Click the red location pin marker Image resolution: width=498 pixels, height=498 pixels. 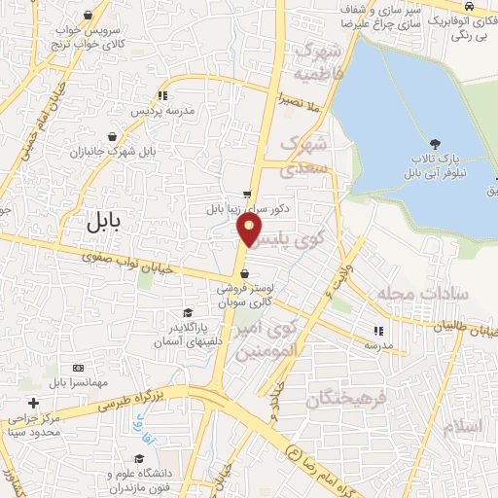[x=250, y=230]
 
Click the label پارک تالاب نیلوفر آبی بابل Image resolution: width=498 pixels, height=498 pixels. [x=441, y=167]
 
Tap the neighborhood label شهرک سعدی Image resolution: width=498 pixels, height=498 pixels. [x=305, y=155]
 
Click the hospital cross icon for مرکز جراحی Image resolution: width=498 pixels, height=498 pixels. [x=33, y=403]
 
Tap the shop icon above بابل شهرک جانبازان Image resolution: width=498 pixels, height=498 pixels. [x=115, y=136]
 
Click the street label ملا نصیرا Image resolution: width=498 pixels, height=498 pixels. [x=300, y=101]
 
